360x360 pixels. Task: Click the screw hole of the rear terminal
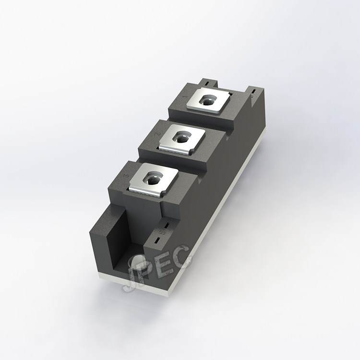207,102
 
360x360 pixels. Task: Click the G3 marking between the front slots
162,232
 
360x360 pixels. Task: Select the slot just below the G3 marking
158,240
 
